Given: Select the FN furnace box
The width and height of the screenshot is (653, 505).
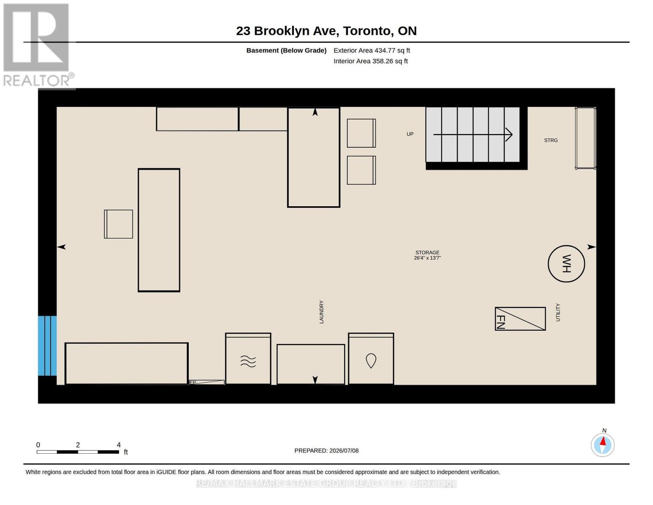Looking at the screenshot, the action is (520, 319).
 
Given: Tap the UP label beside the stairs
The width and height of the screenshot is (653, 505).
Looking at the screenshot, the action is (410, 134).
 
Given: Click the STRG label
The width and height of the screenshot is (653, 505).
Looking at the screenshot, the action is (551, 140).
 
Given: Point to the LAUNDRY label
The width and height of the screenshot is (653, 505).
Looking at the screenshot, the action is (322, 312).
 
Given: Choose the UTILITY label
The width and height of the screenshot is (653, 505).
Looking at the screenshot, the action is (558, 312).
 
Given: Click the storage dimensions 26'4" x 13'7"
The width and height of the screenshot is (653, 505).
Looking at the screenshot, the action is (427, 258).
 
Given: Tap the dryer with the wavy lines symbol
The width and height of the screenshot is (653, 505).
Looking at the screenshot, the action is (248, 358).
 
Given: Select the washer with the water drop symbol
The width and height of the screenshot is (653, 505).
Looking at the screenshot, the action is (371, 358).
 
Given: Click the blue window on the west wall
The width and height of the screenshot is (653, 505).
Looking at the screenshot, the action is (47, 346).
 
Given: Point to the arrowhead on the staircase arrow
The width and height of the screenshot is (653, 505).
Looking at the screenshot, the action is (509, 134).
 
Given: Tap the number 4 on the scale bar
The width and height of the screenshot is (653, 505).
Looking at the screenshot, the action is (119, 445).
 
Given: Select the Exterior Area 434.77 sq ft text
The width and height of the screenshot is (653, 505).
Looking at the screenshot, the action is (372, 50).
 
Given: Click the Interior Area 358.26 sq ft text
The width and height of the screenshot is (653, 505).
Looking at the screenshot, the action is (370, 61).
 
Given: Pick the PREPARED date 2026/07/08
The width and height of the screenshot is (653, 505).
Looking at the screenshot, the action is (344, 451).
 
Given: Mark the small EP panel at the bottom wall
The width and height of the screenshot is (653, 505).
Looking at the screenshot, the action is (207, 382).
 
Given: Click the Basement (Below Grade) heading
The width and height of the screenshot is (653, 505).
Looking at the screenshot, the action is (286, 50).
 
